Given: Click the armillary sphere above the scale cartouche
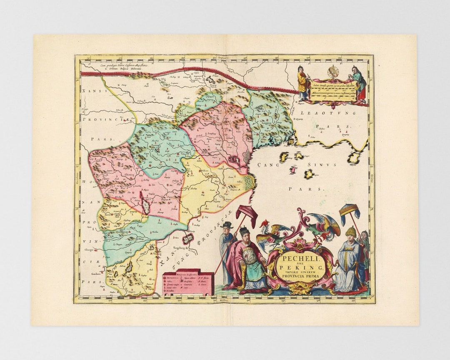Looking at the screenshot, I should pos(333,72).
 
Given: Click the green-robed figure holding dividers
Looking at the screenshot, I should pos(359,83).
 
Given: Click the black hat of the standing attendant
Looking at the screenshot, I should pos(227,225).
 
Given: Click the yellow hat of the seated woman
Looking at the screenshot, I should pos(350,232).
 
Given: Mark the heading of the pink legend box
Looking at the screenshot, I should pos(187,275).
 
